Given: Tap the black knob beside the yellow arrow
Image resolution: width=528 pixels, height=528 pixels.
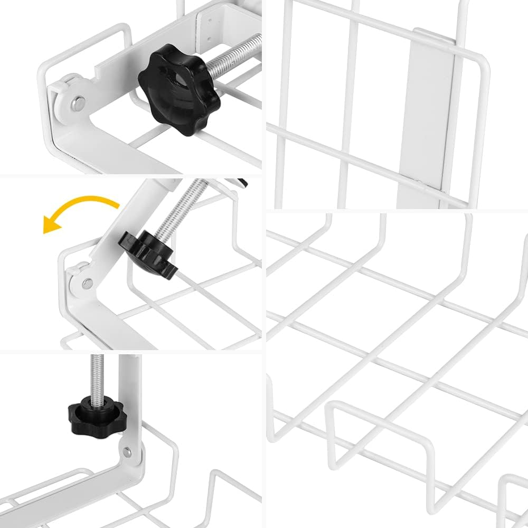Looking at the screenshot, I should coord(148,256).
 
